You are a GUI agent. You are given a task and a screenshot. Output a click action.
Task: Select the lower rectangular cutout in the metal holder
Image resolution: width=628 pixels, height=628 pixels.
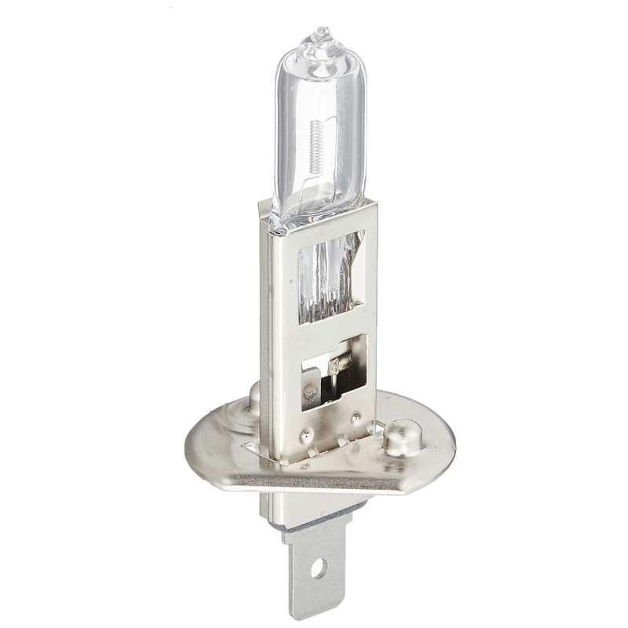click(334, 373)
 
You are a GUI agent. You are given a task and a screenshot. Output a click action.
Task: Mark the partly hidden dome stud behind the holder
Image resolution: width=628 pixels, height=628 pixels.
click(254, 397)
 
